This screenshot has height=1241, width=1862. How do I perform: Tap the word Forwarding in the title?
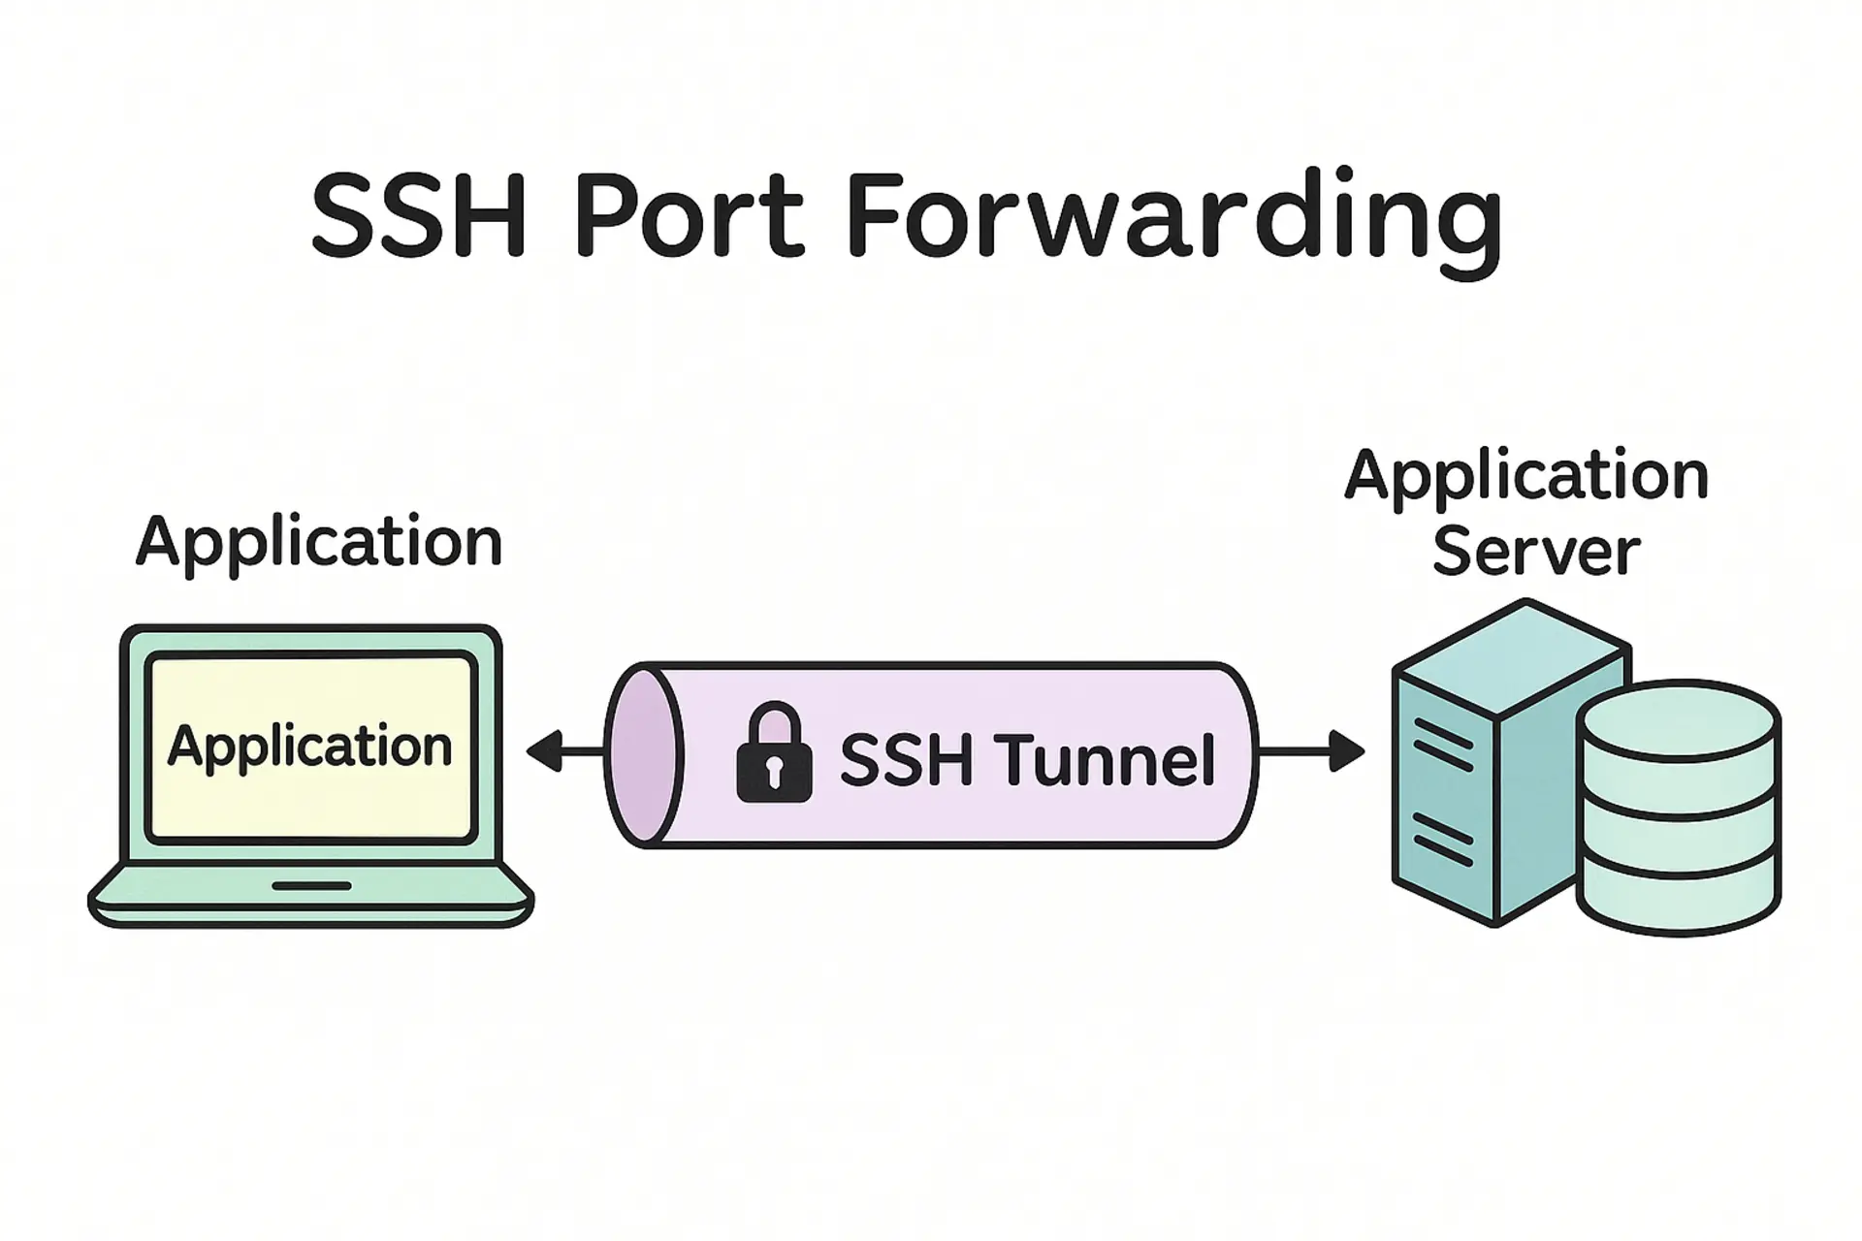pyautogui.click(x=1173, y=221)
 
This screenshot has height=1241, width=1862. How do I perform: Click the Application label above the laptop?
pyautogui.click(x=319, y=543)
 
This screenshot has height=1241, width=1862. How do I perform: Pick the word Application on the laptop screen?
pyautogui.click(x=310, y=747)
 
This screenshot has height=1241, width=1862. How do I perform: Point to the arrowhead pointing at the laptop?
pyautogui.click(x=544, y=751)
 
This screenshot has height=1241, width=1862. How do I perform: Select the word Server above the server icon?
pyautogui.click(x=1535, y=553)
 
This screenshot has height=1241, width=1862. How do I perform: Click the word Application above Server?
pyautogui.click(x=1526, y=477)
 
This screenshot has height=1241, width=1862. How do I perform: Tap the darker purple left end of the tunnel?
pyautogui.click(x=641, y=754)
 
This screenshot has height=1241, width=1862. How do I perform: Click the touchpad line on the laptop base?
pyautogui.click(x=311, y=885)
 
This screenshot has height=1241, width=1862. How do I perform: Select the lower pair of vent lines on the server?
pyautogui.click(x=1443, y=839)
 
